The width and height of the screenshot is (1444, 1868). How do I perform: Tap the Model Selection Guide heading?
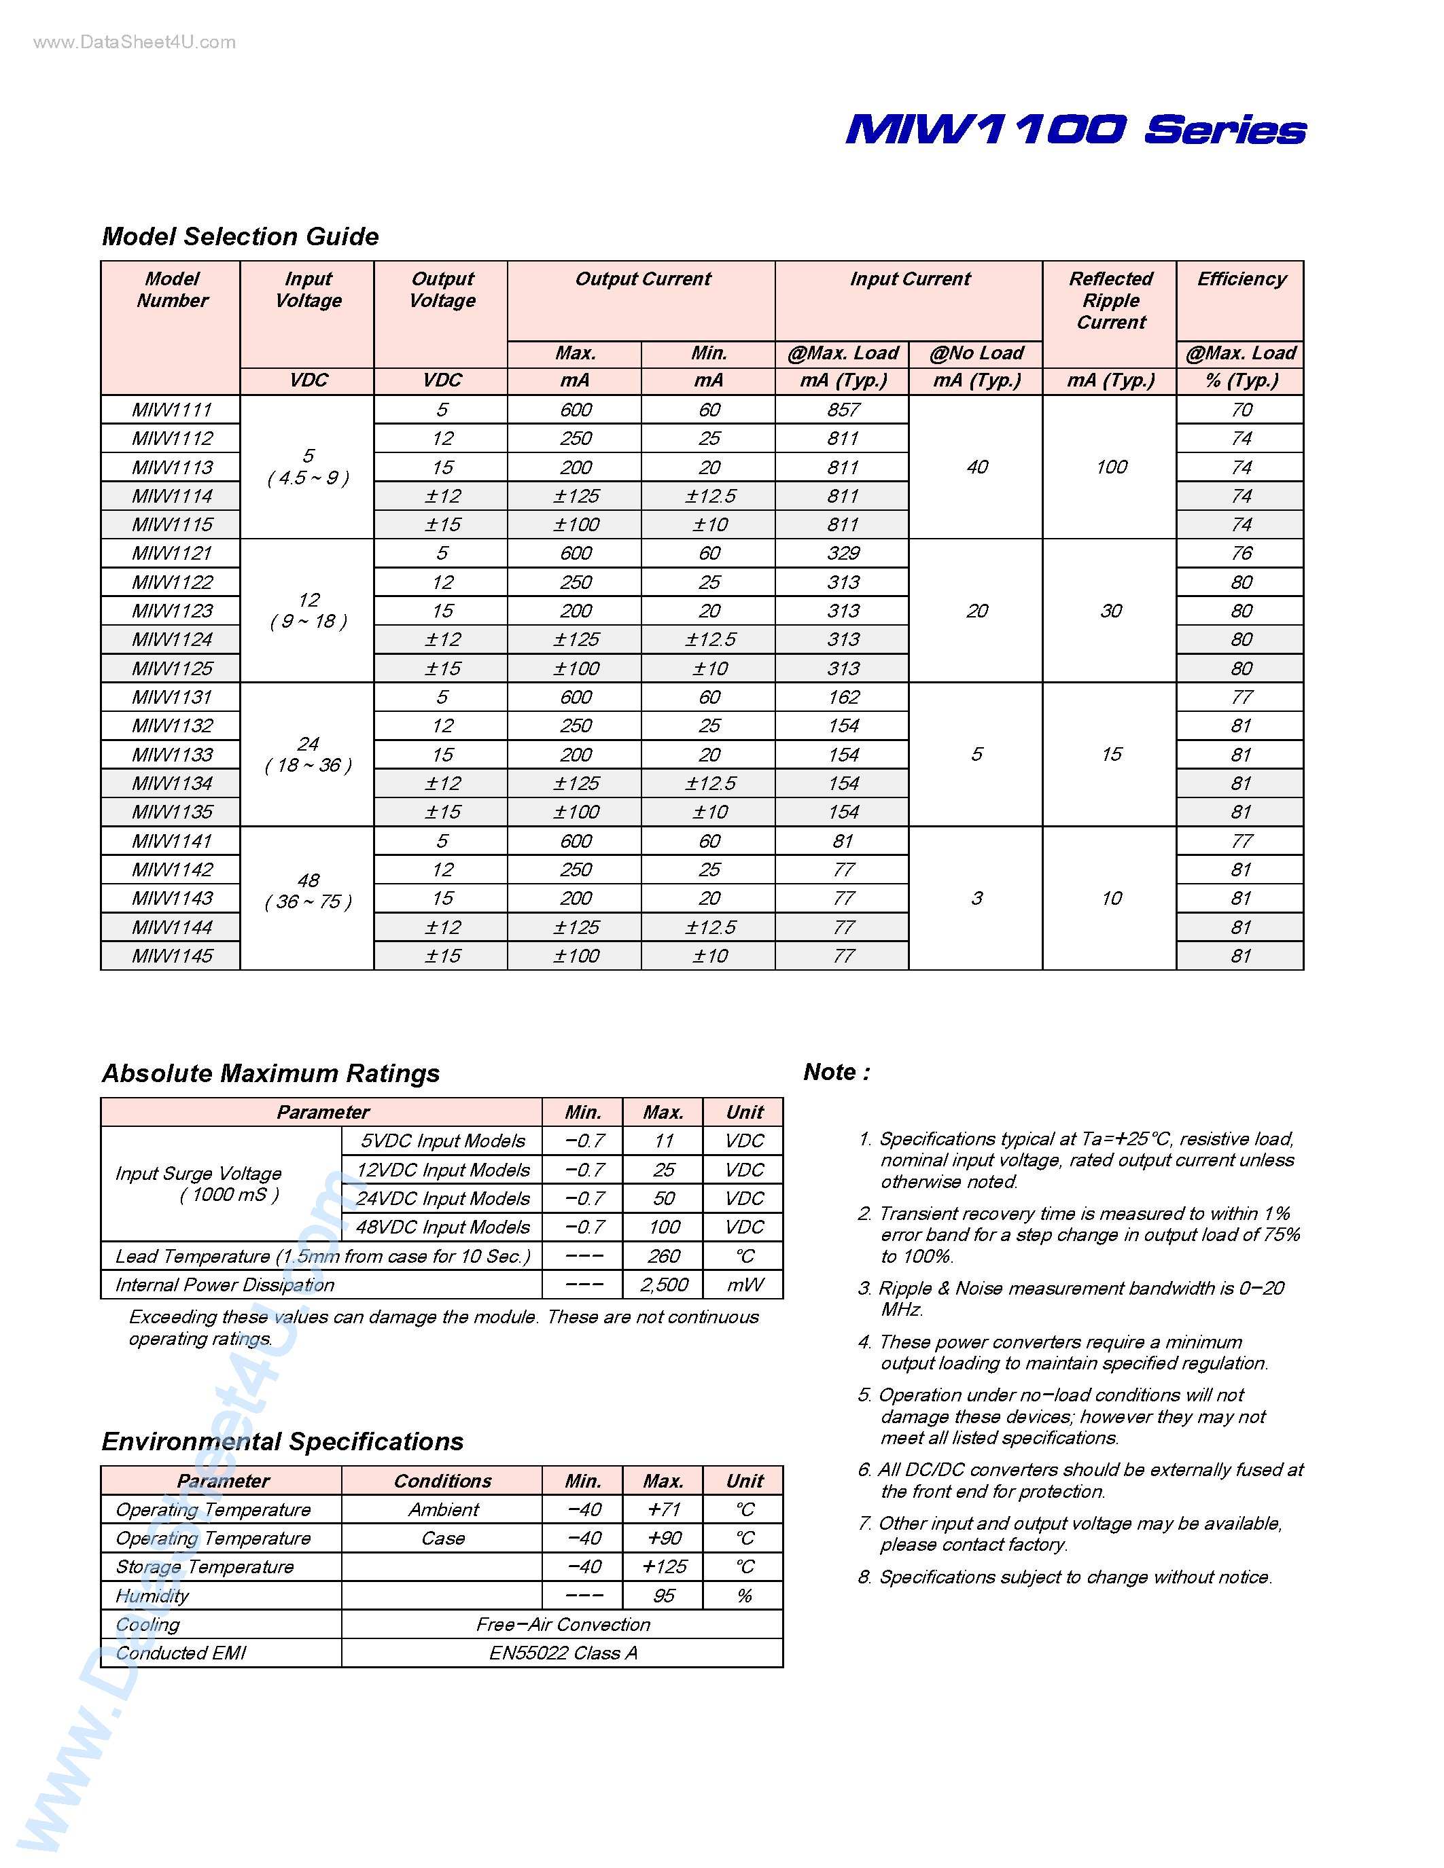(x=241, y=236)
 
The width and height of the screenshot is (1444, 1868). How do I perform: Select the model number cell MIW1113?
(x=172, y=468)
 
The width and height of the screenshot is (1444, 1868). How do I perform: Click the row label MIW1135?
(x=172, y=812)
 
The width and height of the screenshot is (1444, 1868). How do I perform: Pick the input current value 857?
(x=843, y=410)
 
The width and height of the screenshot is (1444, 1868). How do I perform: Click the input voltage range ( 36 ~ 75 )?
(x=308, y=901)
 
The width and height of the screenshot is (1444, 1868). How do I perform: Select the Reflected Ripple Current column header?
(x=1110, y=300)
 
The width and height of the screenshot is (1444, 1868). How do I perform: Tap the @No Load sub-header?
(x=976, y=353)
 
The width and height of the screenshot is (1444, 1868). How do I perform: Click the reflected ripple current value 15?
(x=1110, y=755)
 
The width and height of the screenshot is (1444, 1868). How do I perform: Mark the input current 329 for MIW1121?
(x=843, y=554)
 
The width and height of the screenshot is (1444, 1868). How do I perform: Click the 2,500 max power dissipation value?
(x=664, y=1285)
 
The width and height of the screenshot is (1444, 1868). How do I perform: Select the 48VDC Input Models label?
(x=442, y=1227)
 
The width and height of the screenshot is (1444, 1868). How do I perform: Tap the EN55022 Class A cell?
(x=563, y=1653)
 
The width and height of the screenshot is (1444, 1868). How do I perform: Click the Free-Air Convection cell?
(x=563, y=1624)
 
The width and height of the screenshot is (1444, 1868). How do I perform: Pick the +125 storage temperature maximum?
(x=664, y=1567)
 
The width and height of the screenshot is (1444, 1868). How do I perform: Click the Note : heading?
(x=837, y=1073)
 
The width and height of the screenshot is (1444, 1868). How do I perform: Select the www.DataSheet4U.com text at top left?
(x=135, y=42)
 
